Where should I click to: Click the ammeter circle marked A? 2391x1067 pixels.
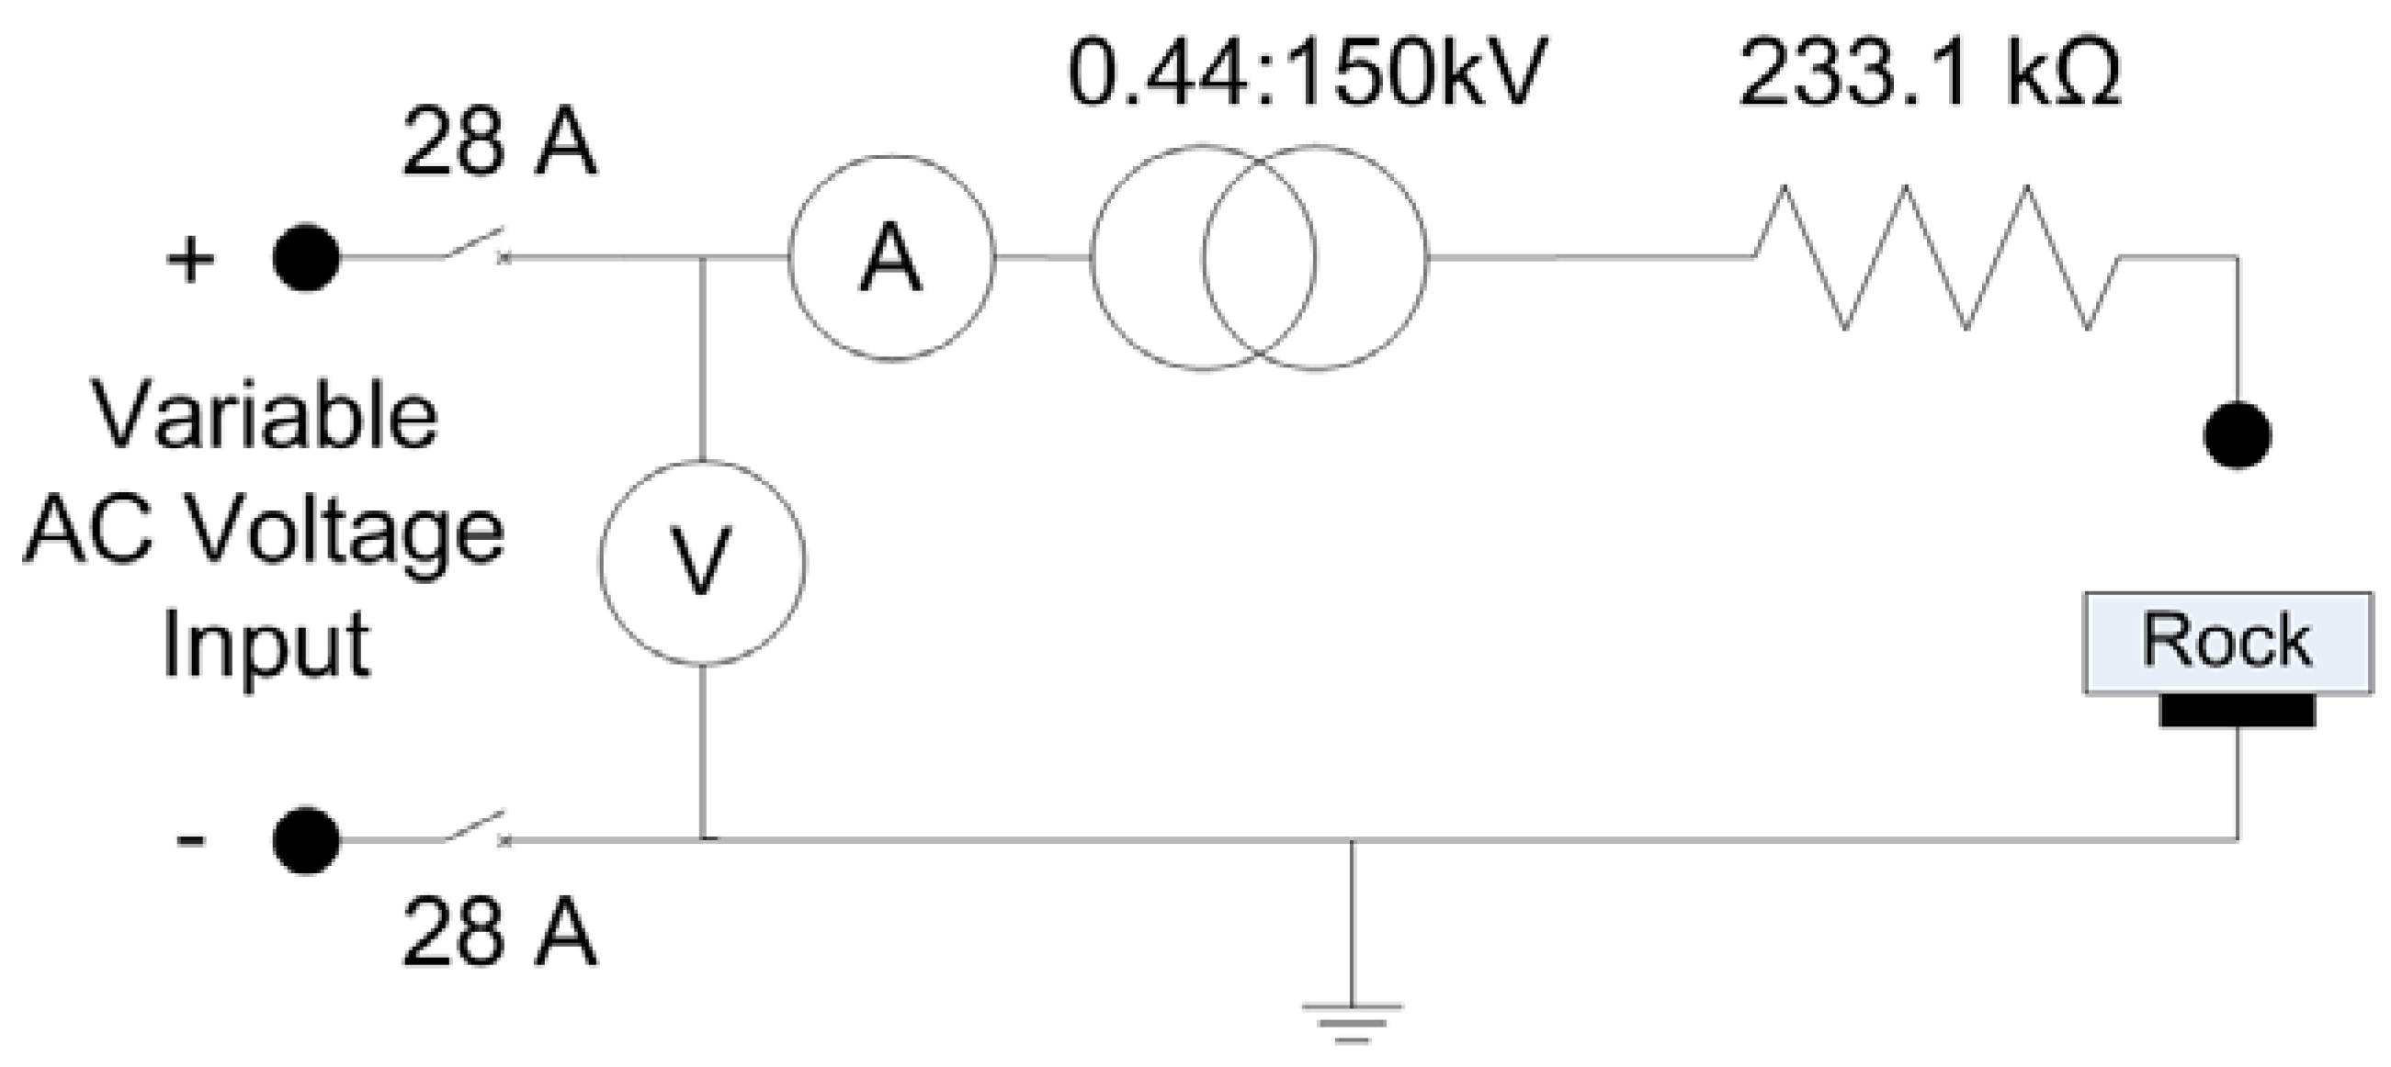(891, 258)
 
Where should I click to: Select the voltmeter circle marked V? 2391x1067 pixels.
(703, 562)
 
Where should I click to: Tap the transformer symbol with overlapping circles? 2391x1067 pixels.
(1259, 258)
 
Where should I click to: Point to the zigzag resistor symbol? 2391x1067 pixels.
(1936, 258)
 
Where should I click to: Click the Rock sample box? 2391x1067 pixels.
(2227, 642)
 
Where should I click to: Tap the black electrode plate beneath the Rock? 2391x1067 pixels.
(2237, 711)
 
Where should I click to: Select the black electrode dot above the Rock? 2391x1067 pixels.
(2237, 435)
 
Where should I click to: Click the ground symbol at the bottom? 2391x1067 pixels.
(1352, 1020)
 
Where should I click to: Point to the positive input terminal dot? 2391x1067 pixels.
(306, 258)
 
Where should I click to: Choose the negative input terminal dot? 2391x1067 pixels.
(306, 840)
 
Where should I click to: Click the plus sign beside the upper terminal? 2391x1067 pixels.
(190, 260)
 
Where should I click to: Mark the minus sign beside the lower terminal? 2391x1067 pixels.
(190, 840)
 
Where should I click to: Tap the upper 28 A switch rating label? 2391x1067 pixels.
(499, 142)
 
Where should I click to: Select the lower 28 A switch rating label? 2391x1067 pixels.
(499, 932)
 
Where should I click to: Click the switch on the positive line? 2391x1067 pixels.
(473, 245)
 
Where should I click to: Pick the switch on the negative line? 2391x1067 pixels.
(473, 827)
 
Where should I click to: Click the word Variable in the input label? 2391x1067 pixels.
(266, 416)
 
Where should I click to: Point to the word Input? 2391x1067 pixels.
(266, 646)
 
